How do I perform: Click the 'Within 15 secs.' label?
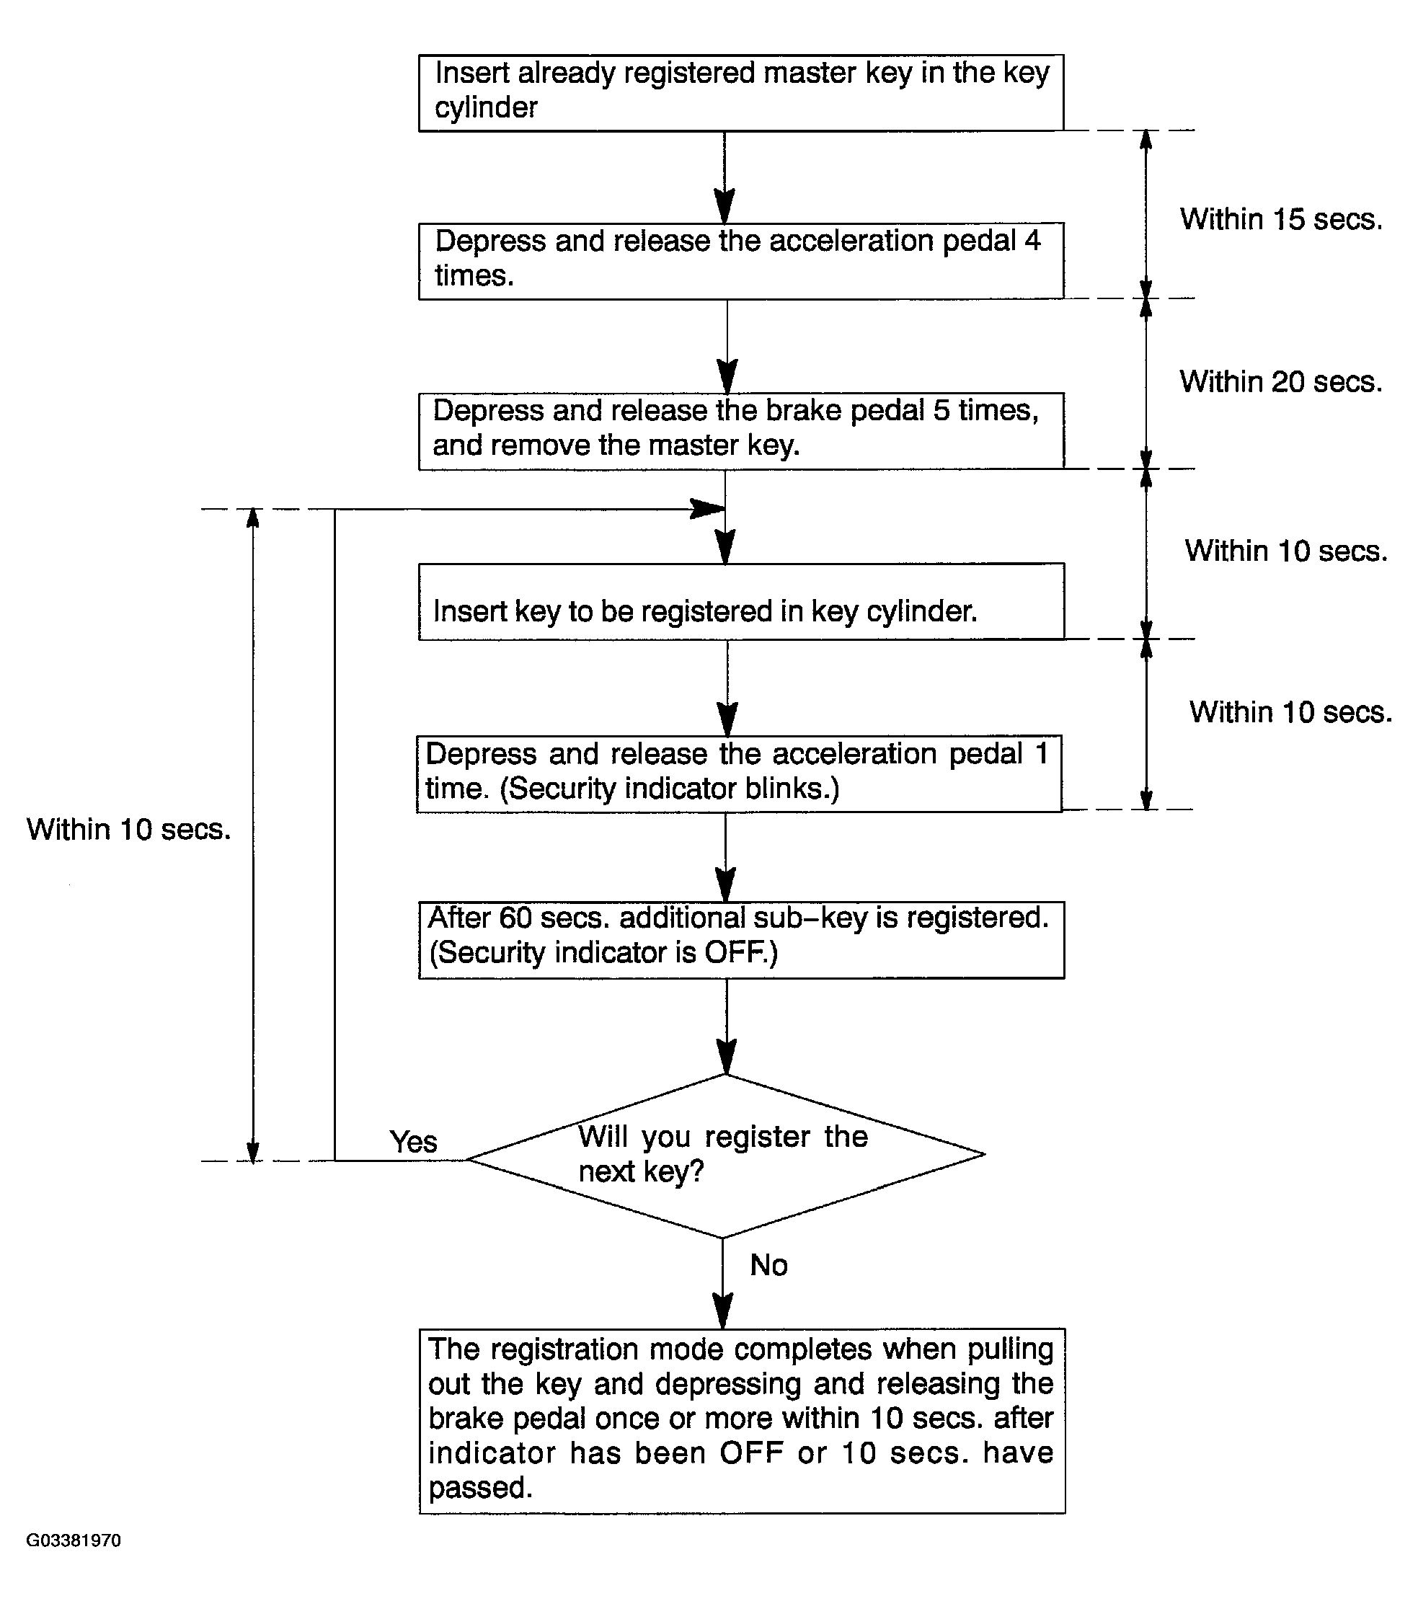1281,219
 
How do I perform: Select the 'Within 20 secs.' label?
1281,382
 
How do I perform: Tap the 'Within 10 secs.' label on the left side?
129,830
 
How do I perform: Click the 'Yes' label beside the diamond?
414,1142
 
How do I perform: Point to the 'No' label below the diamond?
768,1265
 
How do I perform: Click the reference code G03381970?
74,1540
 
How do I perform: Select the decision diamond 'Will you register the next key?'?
725,1156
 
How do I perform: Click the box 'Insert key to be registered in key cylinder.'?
741,602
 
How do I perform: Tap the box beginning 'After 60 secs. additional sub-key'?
741,940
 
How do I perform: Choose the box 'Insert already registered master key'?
741,92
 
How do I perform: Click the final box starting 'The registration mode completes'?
742,1421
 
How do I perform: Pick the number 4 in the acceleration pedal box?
1032,241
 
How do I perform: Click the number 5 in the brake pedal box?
941,410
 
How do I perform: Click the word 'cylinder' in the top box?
486,108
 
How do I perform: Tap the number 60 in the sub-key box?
515,917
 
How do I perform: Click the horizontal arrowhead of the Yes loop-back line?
706,509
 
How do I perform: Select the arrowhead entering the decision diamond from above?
726,1057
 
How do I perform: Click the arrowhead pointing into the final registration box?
722,1310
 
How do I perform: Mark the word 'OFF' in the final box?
752,1453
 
